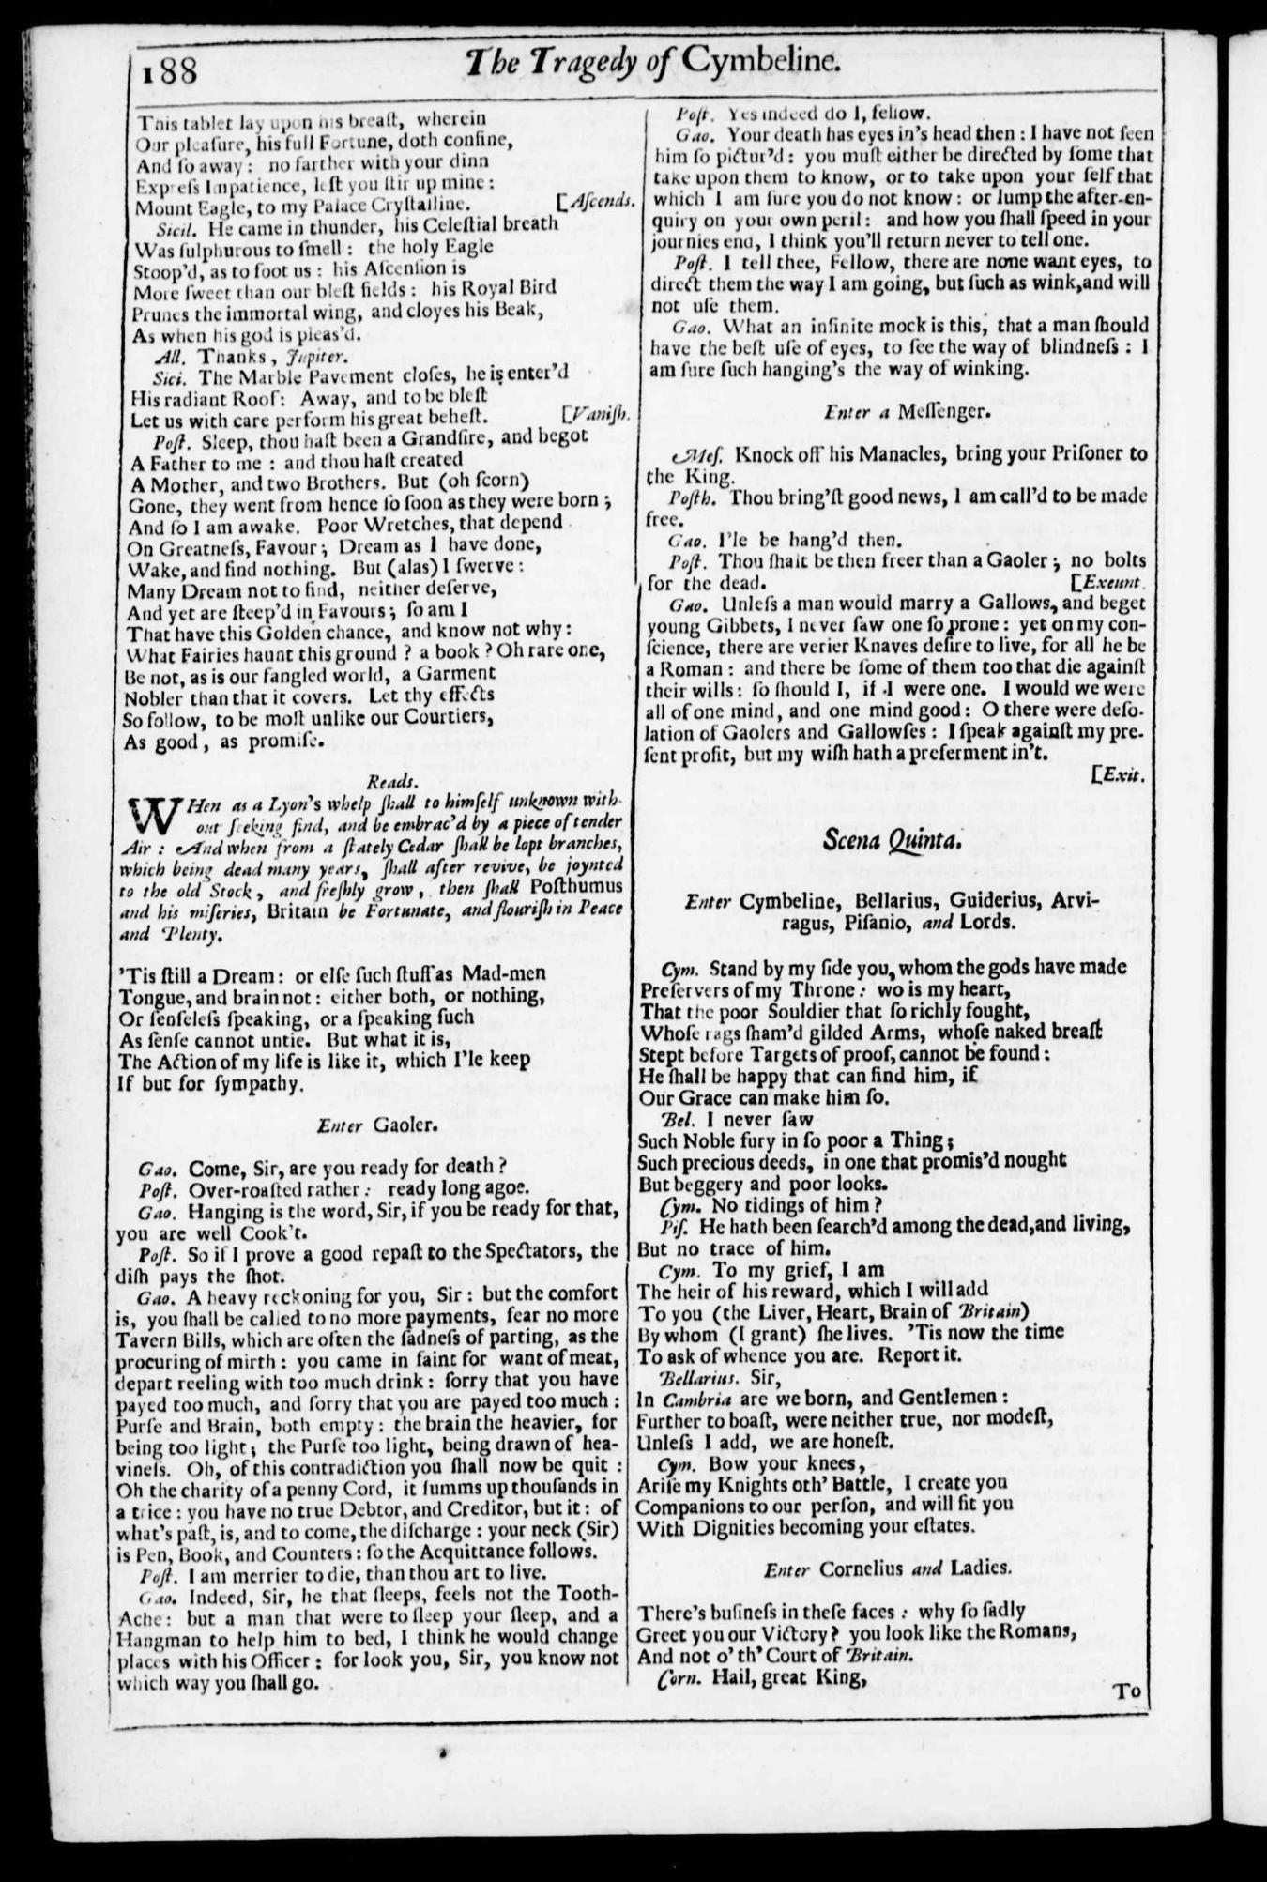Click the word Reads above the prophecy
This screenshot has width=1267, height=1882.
(387, 779)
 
